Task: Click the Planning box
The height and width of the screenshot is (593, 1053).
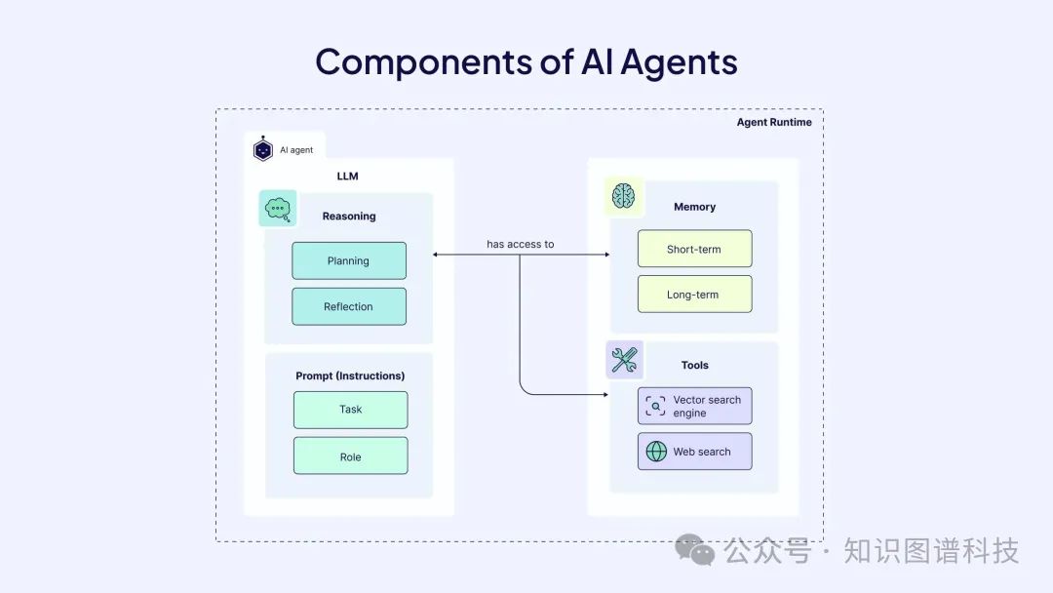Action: click(349, 260)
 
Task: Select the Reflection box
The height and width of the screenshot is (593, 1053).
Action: click(349, 306)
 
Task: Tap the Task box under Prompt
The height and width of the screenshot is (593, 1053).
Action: click(350, 410)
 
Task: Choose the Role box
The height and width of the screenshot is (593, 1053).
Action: click(350, 455)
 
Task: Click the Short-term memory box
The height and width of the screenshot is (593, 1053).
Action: click(694, 249)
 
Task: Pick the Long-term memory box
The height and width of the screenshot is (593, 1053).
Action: click(694, 295)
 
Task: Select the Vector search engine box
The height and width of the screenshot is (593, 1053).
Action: click(694, 406)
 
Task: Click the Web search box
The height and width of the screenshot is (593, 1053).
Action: click(694, 452)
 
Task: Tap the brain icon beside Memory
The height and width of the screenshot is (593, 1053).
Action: click(623, 197)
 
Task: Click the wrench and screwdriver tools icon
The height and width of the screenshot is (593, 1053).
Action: click(623, 361)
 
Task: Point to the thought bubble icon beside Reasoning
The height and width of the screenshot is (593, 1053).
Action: click(278, 208)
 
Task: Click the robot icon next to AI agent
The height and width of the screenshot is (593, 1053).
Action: click(262, 149)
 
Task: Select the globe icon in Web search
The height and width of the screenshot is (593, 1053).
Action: click(657, 452)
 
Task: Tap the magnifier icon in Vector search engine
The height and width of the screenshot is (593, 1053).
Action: click(656, 406)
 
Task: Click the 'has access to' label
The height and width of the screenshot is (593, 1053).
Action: click(521, 244)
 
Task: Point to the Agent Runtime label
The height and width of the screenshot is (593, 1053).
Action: click(774, 122)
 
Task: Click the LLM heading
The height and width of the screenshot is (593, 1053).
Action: click(348, 177)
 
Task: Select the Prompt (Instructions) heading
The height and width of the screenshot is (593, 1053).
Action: click(350, 376)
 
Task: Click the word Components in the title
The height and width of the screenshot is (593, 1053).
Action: click(423, 61)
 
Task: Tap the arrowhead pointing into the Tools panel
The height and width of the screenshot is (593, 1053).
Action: click(605, 395)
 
